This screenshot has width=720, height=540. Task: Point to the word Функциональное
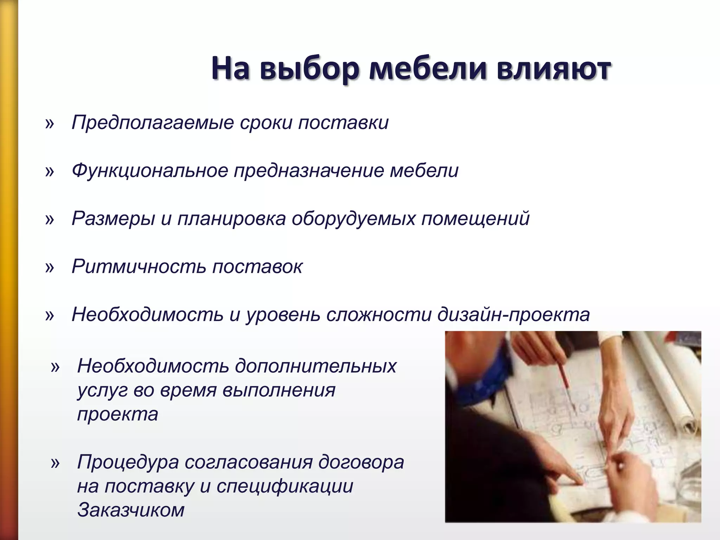click(x=150, y=171)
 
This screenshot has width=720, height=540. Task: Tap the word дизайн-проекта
click(x=513, y=315)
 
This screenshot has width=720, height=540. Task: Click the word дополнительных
click(x=315, y=366)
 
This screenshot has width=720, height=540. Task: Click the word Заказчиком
click(x=131, y=510)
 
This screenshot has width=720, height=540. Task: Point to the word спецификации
click(x=285, y=486)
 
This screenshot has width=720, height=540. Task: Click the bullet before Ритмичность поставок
click(x=50, y=268)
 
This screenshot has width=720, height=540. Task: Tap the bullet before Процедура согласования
click(x=55, y=463)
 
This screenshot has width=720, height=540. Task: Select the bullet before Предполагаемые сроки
click(x=50, y=124)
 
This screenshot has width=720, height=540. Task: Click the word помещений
click(x=475, y=219)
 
